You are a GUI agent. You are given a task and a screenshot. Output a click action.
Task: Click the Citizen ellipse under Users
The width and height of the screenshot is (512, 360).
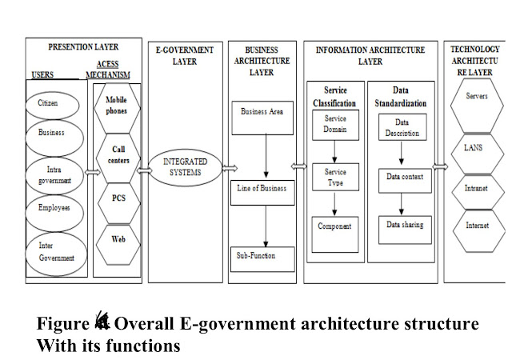click(x=53, y=104)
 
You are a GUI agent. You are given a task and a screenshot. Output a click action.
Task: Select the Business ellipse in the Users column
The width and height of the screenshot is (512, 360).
click(x=53, y=134)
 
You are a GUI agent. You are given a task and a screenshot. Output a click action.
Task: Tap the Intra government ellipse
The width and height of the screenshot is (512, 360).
click(x=53, y=174)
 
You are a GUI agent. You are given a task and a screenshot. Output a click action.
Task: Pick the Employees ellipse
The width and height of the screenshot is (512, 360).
click(x=53, y=208)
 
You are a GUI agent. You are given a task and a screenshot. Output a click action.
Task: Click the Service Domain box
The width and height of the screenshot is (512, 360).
click(x=334, y=124)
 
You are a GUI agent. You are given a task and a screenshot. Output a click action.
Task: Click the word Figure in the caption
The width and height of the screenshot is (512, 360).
click(x=62, y=324)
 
